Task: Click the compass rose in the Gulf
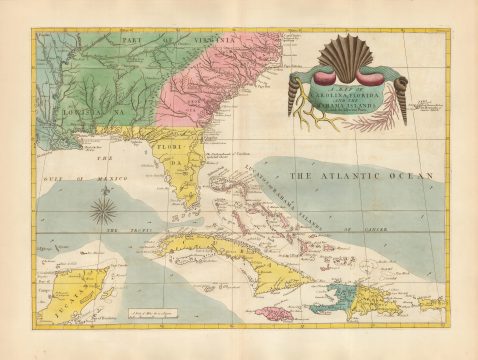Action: [102, 210]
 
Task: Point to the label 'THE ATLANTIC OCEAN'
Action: [361, 176]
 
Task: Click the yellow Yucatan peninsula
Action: [70, 290]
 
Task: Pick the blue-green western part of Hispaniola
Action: [331, 296]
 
